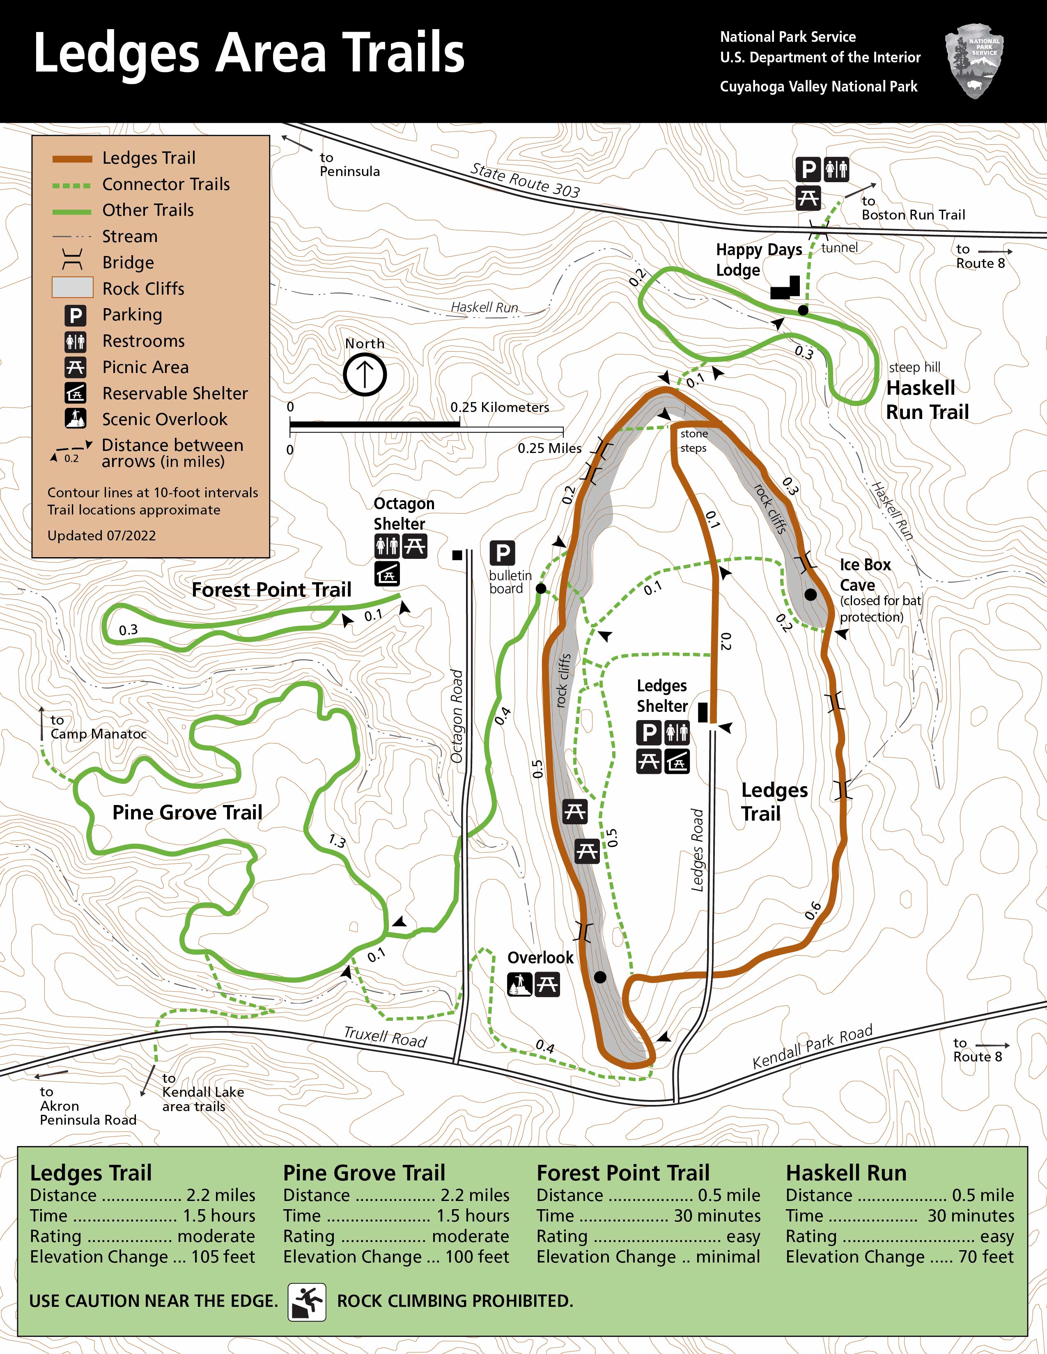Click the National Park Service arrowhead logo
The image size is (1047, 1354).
coord(974,61)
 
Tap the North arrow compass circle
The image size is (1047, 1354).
coord(365,374)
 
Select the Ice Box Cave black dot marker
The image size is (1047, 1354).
coord(810,595)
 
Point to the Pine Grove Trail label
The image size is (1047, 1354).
coord(187,812)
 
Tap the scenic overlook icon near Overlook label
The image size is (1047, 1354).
coord(519,984)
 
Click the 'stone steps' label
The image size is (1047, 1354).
coord(693,441)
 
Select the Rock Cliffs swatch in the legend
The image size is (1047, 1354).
coord(73,288)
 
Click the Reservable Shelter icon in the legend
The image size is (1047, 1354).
coord(76,393)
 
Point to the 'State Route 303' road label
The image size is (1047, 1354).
coord(525,180)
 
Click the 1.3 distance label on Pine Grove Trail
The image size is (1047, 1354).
coord(337,841)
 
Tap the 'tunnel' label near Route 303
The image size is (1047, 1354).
coord(839,248)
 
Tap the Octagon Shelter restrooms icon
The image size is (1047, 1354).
coord(387,546)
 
